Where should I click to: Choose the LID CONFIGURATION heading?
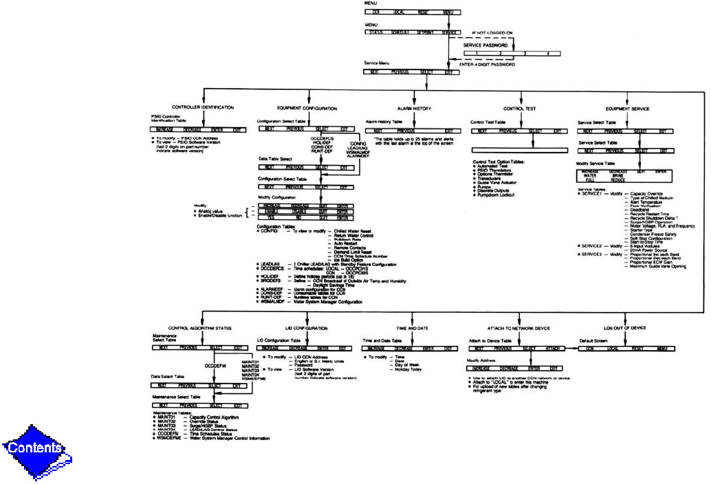click(302, 329)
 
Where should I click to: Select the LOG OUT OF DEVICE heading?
click(624, 329)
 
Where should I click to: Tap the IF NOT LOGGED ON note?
click(492, 33)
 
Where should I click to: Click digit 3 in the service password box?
click(524, 53)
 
